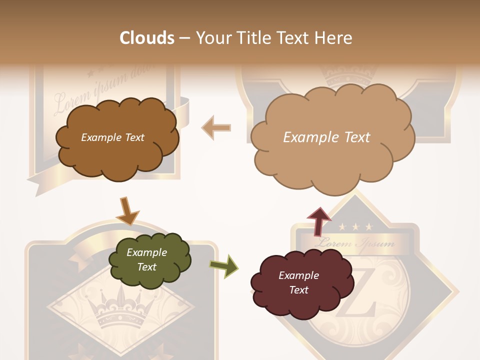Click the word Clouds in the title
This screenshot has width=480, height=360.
[x=146, y=38]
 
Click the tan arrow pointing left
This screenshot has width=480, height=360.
[x=216, y=128]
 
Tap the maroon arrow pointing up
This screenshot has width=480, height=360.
[x=318, y=220]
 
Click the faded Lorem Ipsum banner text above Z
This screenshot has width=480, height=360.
[x=355, y=244]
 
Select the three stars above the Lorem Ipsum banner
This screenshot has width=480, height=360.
[x=355, y=227]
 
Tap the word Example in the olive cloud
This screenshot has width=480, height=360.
[x=146, y=252]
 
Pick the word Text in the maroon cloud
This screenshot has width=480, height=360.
[x=298, y=290]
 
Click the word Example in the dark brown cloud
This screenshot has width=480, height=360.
[x=99, y=137]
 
